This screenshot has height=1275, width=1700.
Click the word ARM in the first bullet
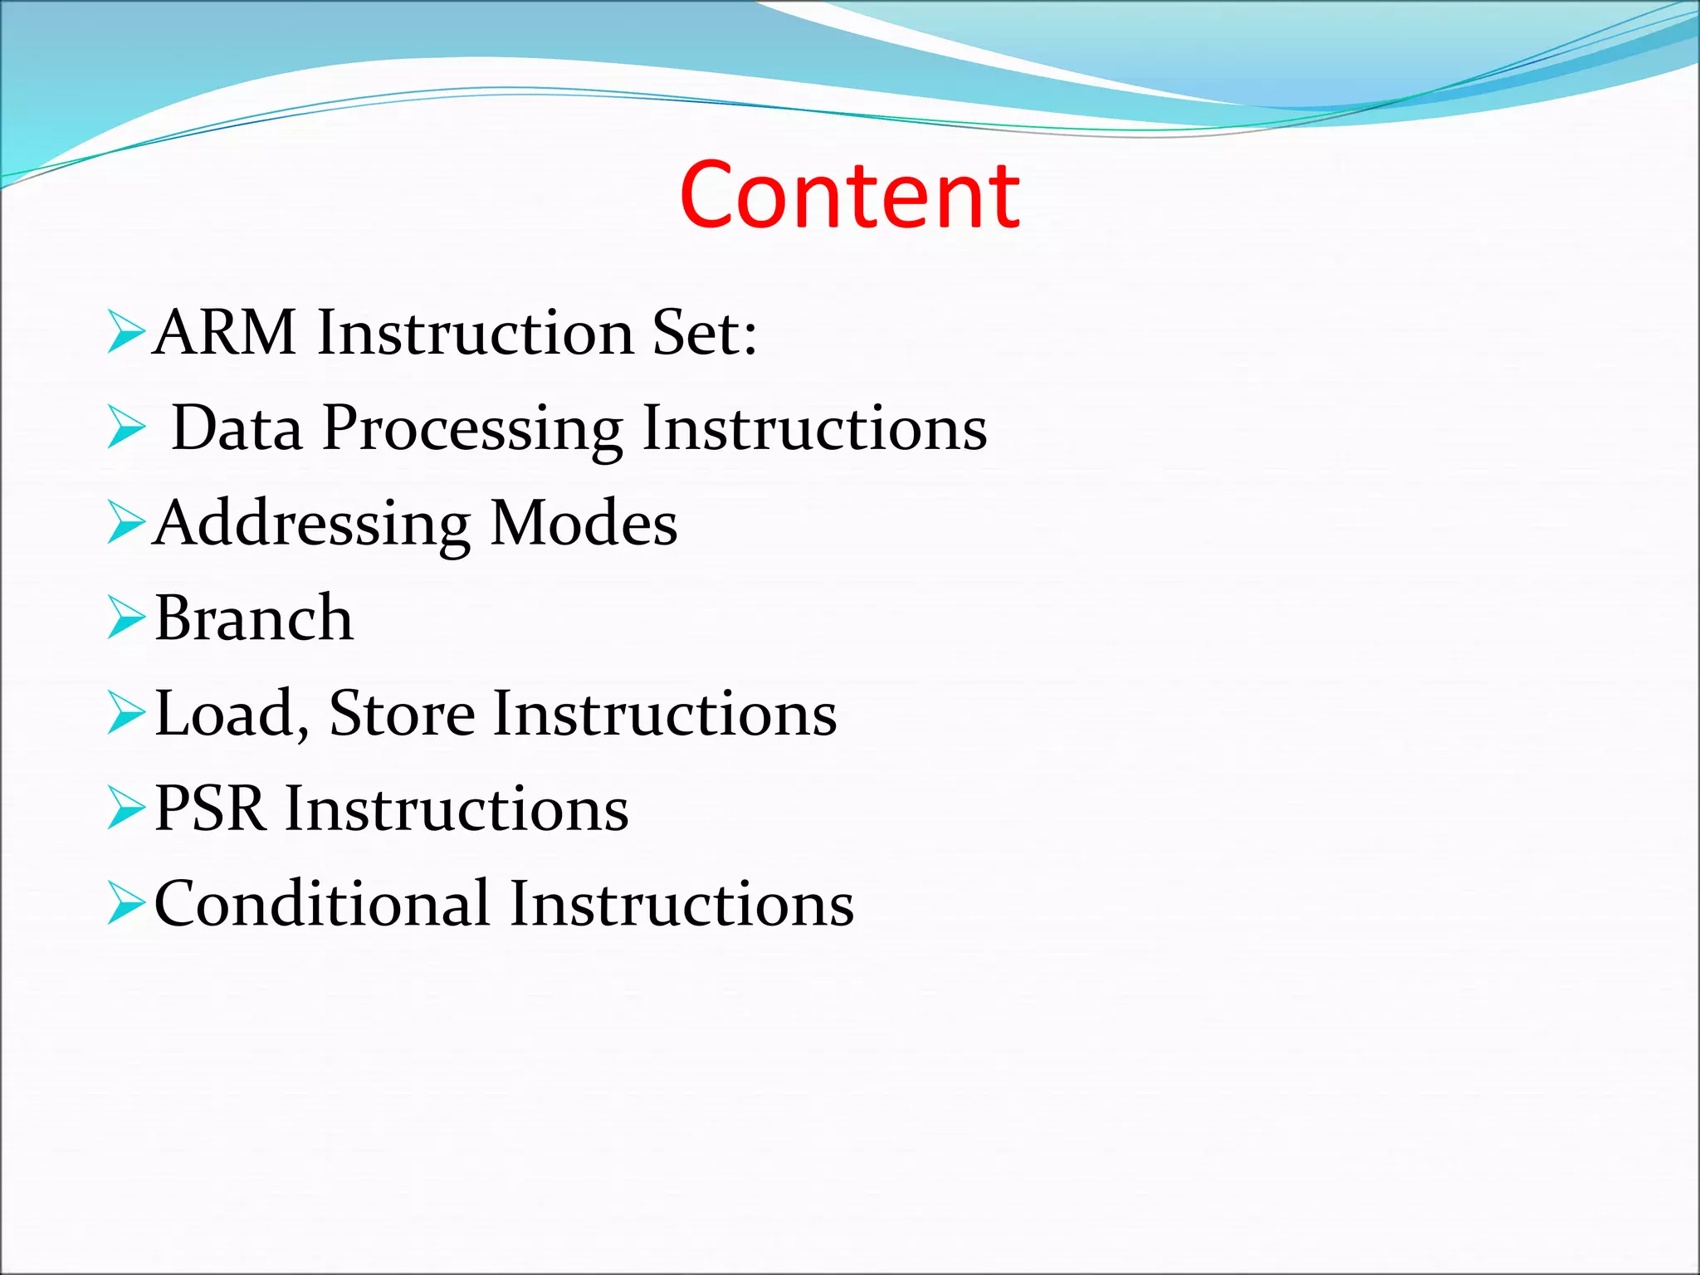coord(225,332)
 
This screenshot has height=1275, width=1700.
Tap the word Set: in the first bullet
coord(704,332)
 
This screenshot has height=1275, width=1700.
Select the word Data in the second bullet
coord(237,428)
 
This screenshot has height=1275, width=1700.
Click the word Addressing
coord(312,525)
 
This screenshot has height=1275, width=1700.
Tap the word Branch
coord(254,618)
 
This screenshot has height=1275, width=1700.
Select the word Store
coord(402,714)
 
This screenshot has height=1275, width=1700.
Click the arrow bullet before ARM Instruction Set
coord(126,333)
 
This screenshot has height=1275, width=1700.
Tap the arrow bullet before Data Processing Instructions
coord(126,428)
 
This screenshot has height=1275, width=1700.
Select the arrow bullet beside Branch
coord(126,619)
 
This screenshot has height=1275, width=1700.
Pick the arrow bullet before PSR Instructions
coord(126,809)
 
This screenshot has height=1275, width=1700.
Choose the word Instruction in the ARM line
coord(476,332)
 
